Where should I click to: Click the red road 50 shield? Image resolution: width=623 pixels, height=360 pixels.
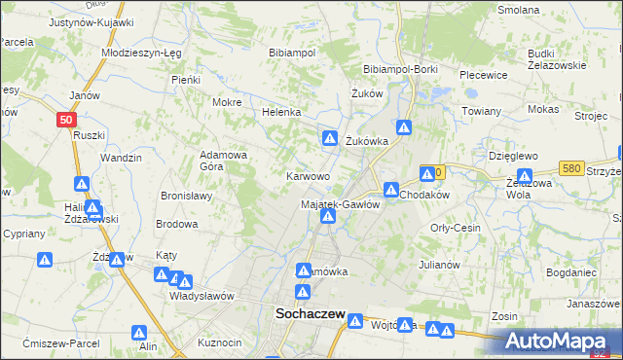tap(64, 120)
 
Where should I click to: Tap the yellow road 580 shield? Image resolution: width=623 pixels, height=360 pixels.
tap(571, 169)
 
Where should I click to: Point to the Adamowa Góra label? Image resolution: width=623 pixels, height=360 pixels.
tap(223, 161)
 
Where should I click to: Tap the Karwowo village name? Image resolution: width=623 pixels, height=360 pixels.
tap(307, 177)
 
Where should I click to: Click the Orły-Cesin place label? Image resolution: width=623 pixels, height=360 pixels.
tap(456, 227)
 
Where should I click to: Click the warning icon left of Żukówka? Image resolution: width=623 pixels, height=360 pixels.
tap(330, 139)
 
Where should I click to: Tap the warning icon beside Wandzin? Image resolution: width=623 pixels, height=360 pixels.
tap(82, 183)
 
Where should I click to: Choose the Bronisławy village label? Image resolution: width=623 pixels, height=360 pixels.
tap(187, 196)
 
